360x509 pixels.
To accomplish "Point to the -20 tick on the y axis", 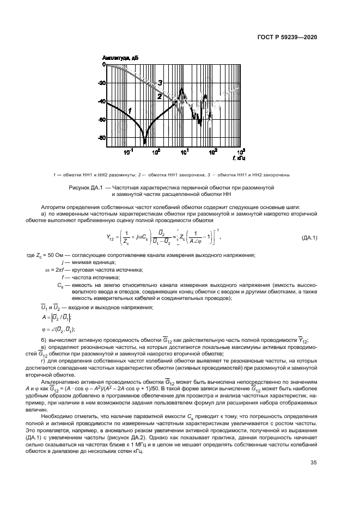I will click(x=101, y=83).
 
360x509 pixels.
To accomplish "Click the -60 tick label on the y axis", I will click(x=101, y=119).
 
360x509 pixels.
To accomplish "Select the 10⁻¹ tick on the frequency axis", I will click(x=128, y=152).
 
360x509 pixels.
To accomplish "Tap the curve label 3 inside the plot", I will click(x=160, y=82).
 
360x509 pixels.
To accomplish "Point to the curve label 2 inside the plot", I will click(x=159, y=96).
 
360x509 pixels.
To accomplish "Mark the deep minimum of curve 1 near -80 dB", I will click(x=145, y=142).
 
